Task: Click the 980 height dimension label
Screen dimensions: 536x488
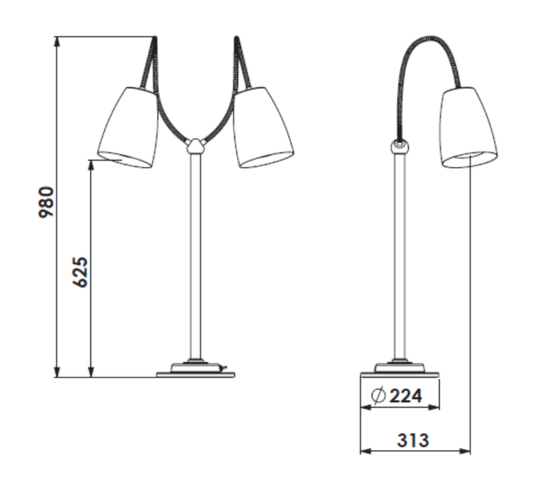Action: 46,202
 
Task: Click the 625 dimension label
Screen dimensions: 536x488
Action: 80,272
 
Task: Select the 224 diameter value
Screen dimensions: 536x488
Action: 406,396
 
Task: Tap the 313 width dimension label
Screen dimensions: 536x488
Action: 413,440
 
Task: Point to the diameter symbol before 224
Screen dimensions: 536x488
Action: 378,396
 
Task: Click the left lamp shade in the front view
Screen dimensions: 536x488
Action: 128,127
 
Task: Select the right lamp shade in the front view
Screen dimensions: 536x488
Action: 263,127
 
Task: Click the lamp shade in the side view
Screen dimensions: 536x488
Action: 468,127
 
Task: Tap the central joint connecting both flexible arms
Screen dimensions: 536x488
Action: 195,146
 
